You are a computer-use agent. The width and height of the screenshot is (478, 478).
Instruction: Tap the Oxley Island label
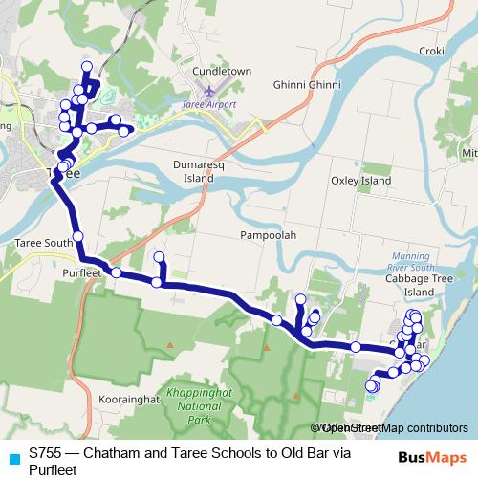click(361, 180)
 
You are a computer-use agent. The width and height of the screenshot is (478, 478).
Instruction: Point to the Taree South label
click(44, 244)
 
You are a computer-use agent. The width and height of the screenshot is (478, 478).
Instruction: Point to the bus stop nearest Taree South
click(77, 236)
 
